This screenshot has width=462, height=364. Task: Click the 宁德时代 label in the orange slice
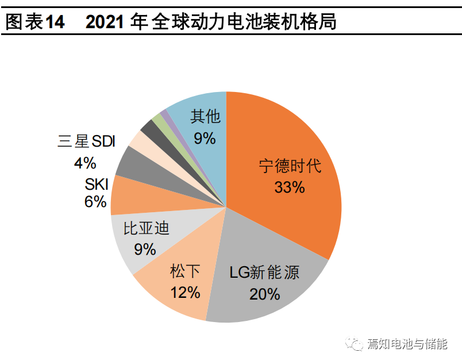point(289,167)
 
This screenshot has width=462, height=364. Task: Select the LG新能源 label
point(265,272)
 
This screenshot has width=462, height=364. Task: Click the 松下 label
point(185,270)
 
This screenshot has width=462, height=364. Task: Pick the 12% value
point(185,292)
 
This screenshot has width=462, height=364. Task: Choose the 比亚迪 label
point(147,229)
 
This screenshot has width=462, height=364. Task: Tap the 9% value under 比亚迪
point(145,249)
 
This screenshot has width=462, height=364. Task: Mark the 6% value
point(96,202)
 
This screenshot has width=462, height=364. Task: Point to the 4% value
point(85,163)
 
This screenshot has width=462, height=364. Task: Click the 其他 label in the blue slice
point(205,117)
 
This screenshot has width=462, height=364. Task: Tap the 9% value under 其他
point(205,138)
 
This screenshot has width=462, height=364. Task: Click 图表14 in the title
point(34,23)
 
